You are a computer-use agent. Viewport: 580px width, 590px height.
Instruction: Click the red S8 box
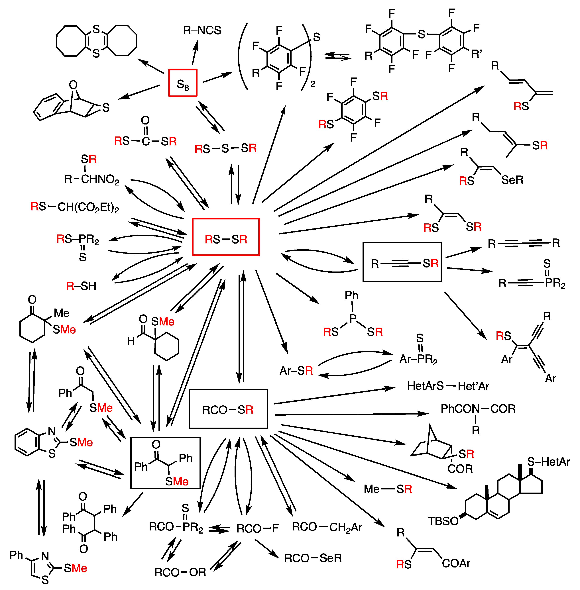coord(183,83)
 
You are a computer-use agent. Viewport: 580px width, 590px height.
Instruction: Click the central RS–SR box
coord(226,237)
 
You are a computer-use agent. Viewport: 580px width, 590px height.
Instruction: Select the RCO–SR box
coord(229,409)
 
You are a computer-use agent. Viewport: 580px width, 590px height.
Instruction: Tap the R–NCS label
coord(202,30)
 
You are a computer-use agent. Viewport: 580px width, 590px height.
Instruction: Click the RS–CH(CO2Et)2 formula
coord(75,207)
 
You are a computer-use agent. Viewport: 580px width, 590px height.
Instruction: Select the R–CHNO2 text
coord(91,179)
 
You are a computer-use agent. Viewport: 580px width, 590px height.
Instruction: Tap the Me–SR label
coord(388,489)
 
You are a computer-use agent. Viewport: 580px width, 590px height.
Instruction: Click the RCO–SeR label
coord(313,558)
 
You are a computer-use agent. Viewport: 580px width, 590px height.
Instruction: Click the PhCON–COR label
coord(478,409)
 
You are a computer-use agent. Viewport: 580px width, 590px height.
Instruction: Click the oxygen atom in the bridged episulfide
coord(73,85)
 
